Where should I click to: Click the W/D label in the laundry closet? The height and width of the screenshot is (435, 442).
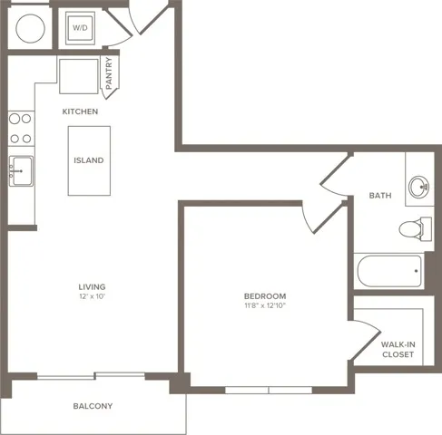79,27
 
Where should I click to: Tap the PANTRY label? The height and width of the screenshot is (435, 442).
109,73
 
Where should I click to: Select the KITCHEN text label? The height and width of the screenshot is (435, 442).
80,111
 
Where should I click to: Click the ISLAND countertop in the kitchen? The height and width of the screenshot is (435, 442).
89,160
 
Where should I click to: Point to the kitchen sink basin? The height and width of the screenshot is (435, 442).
20,170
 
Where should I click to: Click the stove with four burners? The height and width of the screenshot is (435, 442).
20,128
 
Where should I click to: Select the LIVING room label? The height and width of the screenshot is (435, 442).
92,286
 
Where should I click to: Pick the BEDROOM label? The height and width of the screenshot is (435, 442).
265,296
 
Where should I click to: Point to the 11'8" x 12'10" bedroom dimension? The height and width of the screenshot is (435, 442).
265,307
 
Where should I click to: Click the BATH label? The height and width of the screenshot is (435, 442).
379,195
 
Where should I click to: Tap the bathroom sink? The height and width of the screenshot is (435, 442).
418,188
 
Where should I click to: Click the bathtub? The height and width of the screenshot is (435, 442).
388,270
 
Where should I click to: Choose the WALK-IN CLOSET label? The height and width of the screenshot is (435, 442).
397,349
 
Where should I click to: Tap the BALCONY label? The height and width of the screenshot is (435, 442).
93,406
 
